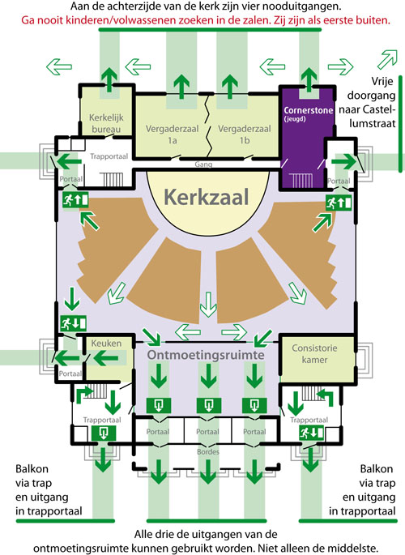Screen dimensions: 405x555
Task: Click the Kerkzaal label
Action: tap(207, 197)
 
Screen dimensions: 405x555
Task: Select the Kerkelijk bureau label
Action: tap(106, 123)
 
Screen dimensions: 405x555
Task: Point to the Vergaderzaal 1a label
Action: tap(173, 134)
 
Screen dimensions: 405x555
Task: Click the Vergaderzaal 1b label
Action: tap(245, 134)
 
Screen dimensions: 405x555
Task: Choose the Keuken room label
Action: tap(106, 343)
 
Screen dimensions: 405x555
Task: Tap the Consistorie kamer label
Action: tap(314, 353)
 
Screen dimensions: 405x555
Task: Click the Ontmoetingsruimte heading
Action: tap(206, 355)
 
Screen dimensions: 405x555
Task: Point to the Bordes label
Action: tap(208, 452)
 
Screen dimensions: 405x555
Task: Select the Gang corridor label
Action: tap(203, 164)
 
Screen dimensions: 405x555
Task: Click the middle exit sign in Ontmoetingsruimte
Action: tap(209, 406)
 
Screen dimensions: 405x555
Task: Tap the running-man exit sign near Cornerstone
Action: tap(339, 203)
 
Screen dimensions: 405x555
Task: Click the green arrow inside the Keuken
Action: tap(105, 358)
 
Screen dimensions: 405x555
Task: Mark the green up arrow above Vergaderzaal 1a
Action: tap(181, 87)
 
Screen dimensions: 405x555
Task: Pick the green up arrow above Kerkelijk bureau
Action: tap(109, 80)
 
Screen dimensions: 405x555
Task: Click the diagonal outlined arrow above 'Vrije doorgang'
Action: tap(388, 59)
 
